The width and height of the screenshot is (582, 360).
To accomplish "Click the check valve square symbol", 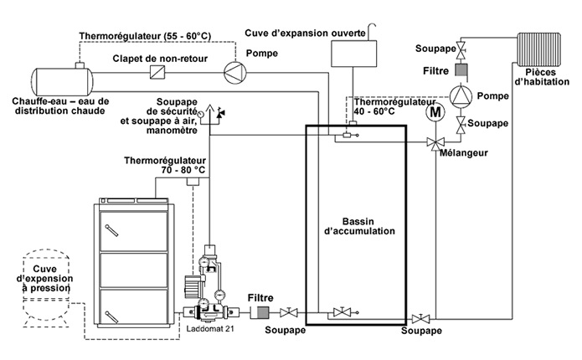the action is (x=157, y=72).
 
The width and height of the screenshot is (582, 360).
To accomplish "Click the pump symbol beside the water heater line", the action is (x=235, y=72).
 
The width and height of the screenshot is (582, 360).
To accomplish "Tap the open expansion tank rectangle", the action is (x=353, y=54).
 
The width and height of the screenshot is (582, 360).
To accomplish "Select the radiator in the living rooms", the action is (x=539, y=49).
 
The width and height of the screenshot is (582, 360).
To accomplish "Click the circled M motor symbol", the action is (x=435, y=112).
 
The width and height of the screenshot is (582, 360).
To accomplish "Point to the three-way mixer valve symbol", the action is (x=435, y=142).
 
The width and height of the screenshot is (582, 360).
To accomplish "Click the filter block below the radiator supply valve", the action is (x=461, y=70).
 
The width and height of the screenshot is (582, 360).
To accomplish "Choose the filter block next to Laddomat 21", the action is (x=261, y=312).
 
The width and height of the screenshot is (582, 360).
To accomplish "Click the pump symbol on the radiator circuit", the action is (x=461, y=95).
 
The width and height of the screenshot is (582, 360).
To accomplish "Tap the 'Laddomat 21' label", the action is (x=210, y=328).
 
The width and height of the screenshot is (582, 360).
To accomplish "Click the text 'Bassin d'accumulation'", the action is (x=359, y=226).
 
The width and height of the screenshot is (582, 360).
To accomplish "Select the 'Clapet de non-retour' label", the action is (x=160, y=59).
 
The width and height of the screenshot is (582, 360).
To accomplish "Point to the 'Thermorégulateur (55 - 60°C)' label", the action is (x=145, y=36).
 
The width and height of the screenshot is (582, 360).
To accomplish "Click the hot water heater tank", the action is (x=62, y=80).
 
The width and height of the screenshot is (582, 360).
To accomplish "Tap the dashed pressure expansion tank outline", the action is (x=46, y=288).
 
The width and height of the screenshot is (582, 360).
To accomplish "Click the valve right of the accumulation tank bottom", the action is (x=420, y=318).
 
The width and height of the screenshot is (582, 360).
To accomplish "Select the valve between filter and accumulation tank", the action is (x=288, y=312).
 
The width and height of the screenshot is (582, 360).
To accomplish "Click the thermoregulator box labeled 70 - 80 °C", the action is (x=193, y=182).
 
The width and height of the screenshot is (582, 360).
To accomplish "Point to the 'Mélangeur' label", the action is (x=464, y=153).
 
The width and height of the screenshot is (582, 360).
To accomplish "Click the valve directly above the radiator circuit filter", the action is (x=461, y=49).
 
